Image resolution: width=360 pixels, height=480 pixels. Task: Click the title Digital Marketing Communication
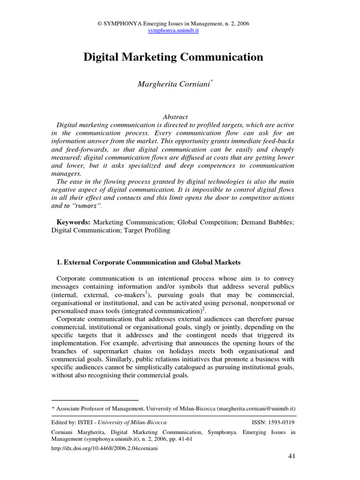point(173,57)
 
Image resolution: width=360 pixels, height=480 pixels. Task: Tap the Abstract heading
point(174,117)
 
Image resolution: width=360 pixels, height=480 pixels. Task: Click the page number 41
point(291,457)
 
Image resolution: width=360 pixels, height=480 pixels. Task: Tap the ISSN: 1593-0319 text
point(274,422)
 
